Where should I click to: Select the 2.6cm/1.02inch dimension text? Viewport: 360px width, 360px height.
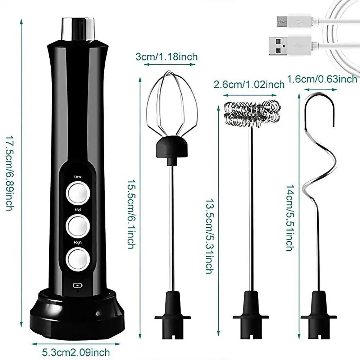click(x=249, y=85)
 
